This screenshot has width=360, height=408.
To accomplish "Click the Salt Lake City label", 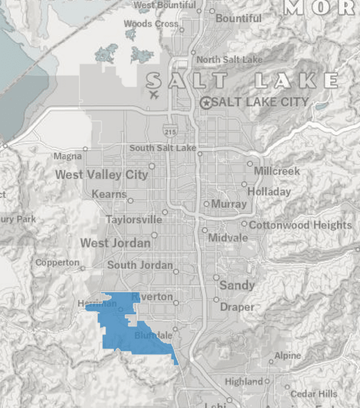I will coord(260,102).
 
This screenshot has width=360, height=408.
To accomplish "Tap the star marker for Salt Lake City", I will coord(206,103).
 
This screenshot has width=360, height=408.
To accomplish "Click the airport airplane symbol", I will coord(154,94).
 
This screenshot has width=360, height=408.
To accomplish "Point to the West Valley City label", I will coord(101,175).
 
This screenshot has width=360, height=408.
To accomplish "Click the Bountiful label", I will coord(238,19).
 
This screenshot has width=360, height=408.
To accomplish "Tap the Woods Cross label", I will coord(151,23).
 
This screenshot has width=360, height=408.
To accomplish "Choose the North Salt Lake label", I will coord(229,59).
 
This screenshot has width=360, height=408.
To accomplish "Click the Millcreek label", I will coord(277,171).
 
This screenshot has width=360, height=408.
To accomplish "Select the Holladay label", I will coord(269,192).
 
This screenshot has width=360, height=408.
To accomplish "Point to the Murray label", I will coord(229,204).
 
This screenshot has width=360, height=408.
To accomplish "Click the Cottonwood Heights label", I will coord(300,225).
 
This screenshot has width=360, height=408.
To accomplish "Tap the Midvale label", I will coord(227,238).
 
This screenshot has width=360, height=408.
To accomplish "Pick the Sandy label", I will coord(237,285).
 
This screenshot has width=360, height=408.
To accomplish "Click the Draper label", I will coord(237,307).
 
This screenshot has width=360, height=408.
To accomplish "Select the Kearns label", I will coord(109,194).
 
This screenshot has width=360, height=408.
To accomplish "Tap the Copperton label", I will coord(57,263).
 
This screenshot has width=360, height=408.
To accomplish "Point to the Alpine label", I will coord(287,356).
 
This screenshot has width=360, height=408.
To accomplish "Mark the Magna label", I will coord(67,157).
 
